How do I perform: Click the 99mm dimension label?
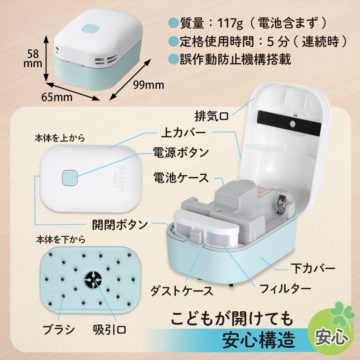(148, 85)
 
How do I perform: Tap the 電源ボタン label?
(181, 153)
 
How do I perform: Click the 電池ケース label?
(181, 178)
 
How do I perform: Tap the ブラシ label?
(58, 329)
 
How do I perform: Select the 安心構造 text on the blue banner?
(258, 339)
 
